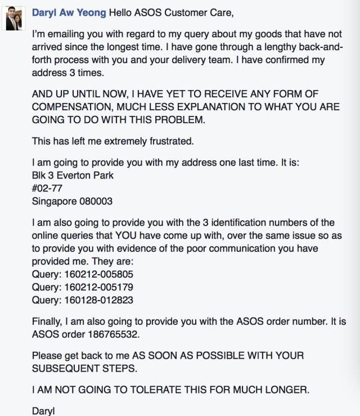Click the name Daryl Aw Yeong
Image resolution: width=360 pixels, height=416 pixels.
[x=69, y=12]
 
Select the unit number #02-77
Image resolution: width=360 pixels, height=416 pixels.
[x=47, y=188]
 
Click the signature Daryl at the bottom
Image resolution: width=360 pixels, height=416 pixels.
[x=43, y=410]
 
